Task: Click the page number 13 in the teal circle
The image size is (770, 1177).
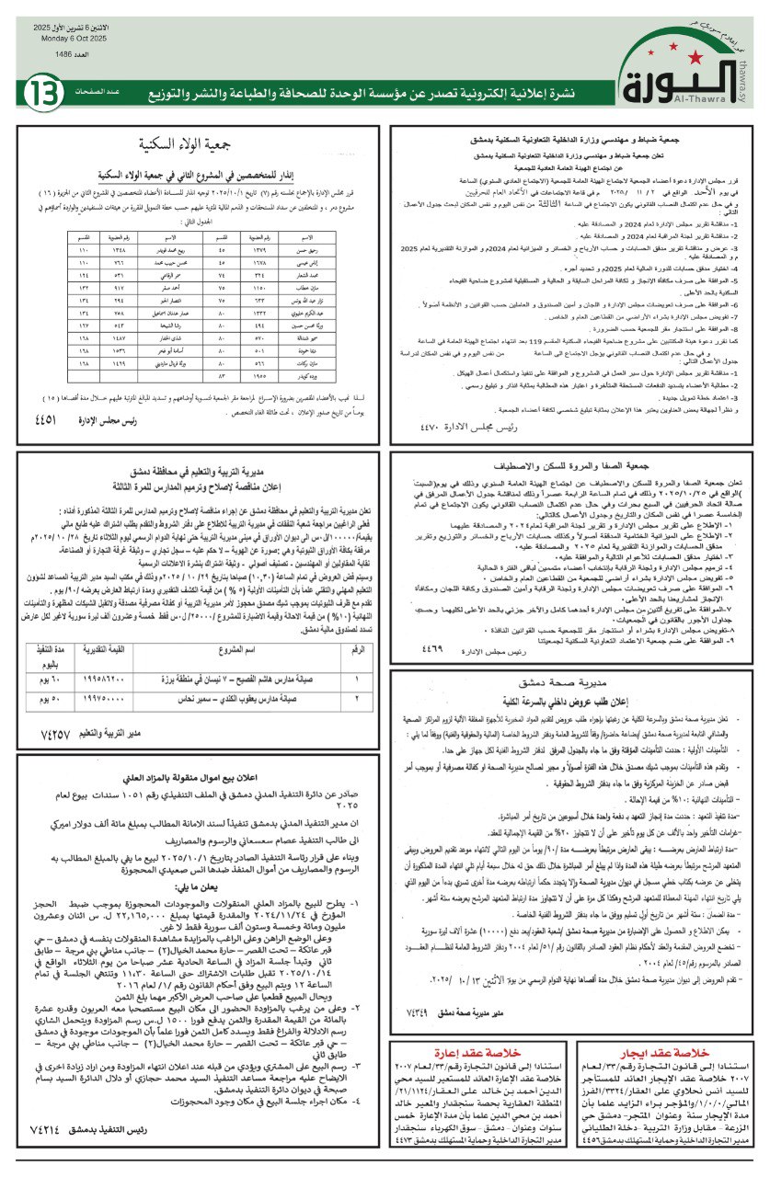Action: pyautogui.click(x=43, y=92)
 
